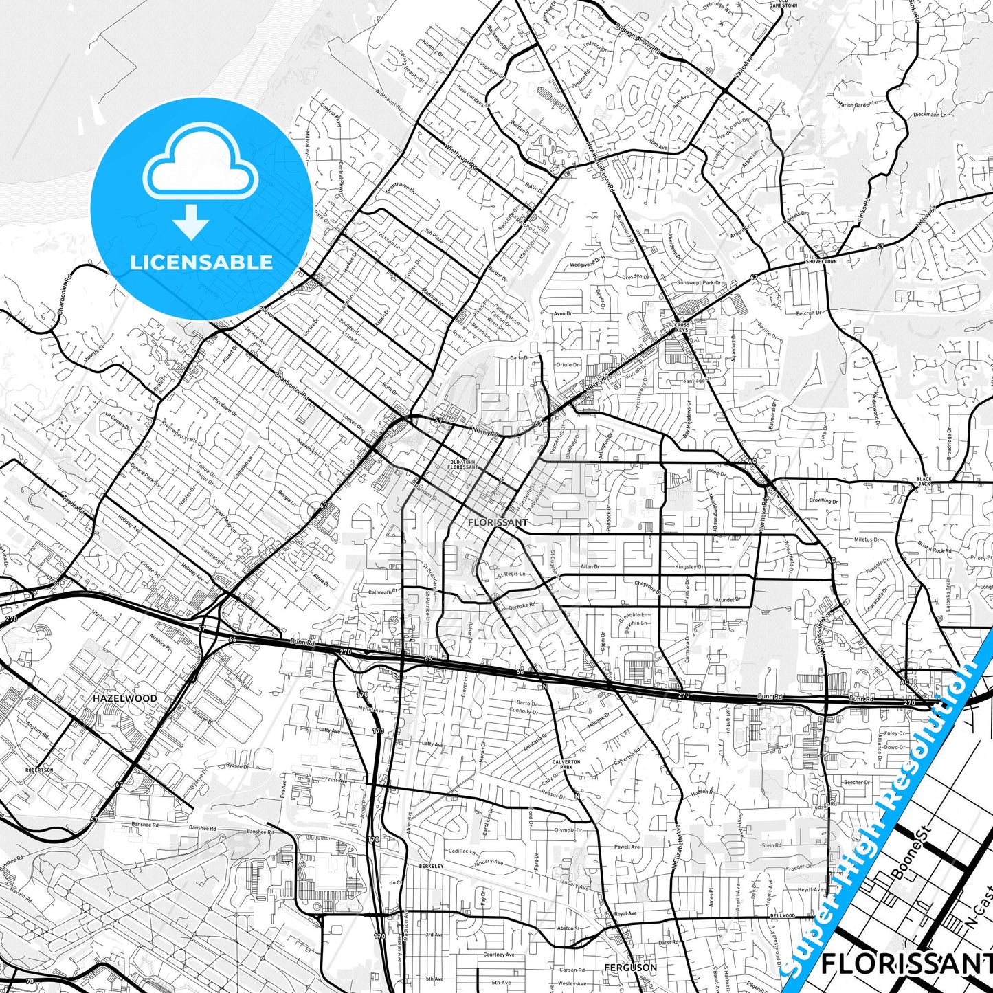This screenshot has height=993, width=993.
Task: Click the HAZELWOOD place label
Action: point(124,698)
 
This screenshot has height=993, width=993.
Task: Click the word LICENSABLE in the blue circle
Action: point(201,262)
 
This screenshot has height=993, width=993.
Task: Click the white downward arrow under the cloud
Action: point(191,221)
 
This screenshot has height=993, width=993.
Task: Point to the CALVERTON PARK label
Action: point(566,764)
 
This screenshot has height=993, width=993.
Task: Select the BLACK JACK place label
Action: point(924,481)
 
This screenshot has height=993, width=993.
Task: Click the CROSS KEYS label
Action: point(681,328)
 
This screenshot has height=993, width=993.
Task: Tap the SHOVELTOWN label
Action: point(821,262)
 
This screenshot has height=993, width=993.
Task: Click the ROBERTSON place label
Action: point(39,770)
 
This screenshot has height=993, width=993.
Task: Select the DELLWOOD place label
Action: point(782,915)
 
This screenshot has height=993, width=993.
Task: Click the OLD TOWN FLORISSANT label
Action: point(462,465)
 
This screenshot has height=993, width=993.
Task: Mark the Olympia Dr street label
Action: point(568,830)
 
